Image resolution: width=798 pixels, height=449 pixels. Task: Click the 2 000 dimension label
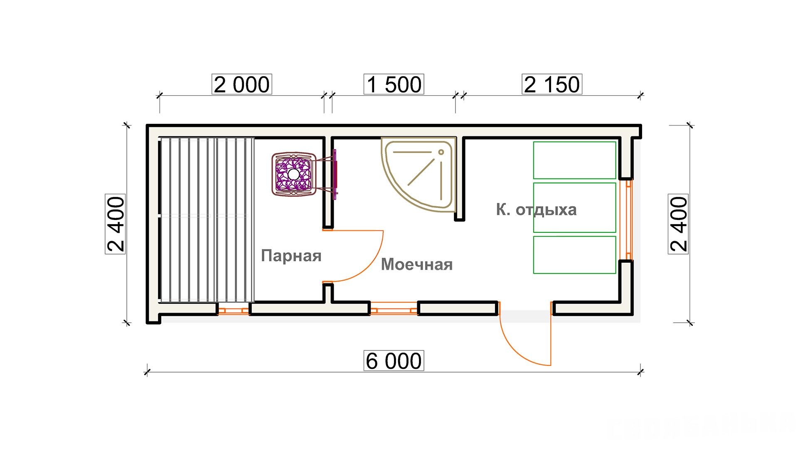pyautogui.click(x=241, y=84)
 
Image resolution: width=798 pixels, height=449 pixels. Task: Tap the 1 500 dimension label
pyautogui.click(x=394, y=84)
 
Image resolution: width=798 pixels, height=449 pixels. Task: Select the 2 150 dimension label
pyautogui.click(x=552, y=84)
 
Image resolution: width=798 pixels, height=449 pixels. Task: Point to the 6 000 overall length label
pyautogui.click(x=394, y=360)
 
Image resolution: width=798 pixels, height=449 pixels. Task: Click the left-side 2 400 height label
pyautogui.click(x=116, y=224)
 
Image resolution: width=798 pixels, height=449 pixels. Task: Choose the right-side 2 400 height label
pyautogui.click(x=678, y=224)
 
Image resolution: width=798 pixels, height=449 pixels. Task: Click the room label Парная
pyautogui.click(x=291, y=256)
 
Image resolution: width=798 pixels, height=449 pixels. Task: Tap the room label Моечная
pyautogui.click(x=417, y=264)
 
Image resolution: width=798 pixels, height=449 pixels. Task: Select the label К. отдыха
pyautogui.click(x=536, y=210)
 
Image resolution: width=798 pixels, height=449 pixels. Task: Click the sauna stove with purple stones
pyautogui.click(x=294, y=174)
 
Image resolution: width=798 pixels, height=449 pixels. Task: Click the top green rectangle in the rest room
pyautogui.click(x=574, y=160)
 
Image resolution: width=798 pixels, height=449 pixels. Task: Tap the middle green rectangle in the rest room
pyautogui.click(x=574, y=207)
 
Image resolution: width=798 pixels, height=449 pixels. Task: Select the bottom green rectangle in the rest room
pyautogui.click(x=574, y=255)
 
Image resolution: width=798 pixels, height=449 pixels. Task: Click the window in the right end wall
pyautogui.click(x=628, y=220)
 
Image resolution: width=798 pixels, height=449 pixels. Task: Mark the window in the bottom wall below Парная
pyautogui.click(x=233, y=310)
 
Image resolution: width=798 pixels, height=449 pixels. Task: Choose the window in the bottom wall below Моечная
pyautogui.click(x=394, y=310)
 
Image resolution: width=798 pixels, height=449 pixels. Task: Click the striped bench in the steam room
pyautogui.click(x=207, y=220)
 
